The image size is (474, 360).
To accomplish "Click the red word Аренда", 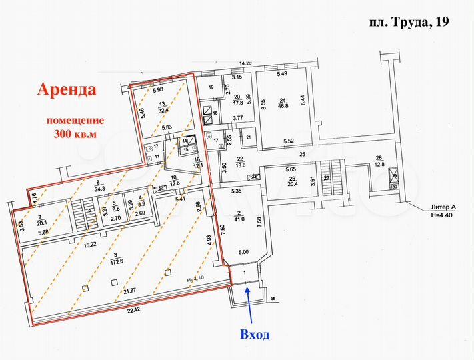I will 67,89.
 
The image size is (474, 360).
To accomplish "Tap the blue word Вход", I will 255,334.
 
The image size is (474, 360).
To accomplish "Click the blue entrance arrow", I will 248,303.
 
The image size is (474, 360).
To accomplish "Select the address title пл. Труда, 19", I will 409,21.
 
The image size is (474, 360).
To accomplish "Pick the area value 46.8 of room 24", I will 283,105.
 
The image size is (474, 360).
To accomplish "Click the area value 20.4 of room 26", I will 292,185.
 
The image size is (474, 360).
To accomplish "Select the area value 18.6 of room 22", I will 241,164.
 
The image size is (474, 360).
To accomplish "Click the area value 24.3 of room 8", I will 100,189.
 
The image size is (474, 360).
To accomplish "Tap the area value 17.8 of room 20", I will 237,103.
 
